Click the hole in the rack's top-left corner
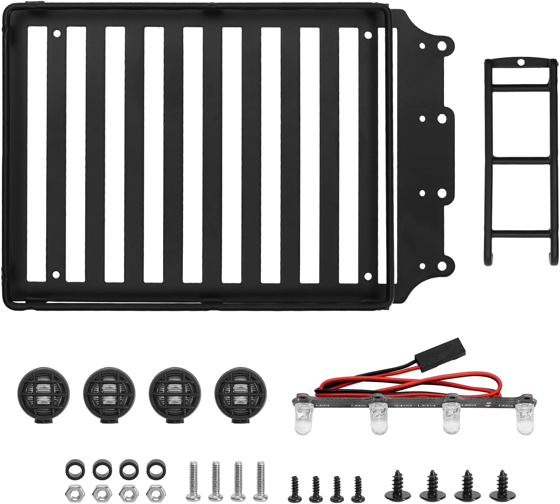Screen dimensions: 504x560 coord(57,34)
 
